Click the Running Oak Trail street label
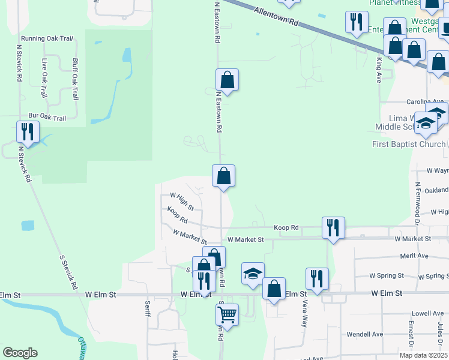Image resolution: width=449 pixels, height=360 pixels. click(x=46, y=38)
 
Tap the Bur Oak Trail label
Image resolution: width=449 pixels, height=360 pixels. click(x=47, y=118)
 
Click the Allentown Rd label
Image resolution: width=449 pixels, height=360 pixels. click(x=276, y=16)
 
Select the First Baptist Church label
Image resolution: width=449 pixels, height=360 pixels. click(x=408, y=144)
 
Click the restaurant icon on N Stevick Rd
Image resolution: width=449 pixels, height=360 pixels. click(x=28, y=132)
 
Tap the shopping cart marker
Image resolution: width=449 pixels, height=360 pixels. click(x=227, y=313)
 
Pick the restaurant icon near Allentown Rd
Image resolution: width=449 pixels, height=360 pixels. click(x=357, y=22)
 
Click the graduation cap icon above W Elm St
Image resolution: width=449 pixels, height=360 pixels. click(x=253, y=274)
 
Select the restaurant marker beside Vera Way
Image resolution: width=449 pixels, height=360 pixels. click(x=317, y=278)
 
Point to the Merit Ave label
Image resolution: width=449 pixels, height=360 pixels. click(x=414, y=256)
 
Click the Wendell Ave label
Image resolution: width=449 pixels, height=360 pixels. click(x=365, y=334)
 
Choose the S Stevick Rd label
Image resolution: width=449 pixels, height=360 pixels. click(x=70, y=272)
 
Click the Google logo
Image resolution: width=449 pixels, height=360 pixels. click(x=20, y=353)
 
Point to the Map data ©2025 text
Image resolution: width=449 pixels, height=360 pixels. click(x=423, y=355)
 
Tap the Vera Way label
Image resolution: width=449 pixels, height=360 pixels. click(x=304, y=313)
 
